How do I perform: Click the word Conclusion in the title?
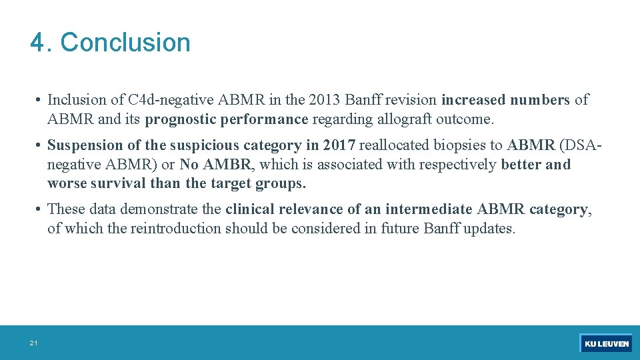(x=125, y=43)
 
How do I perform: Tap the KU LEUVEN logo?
(x=606, y=343)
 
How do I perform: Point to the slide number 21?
(x=33, y=343)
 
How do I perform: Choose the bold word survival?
(x=123, y=183)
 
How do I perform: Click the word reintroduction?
(x=176, y=229)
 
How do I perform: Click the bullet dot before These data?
(x=41, y=209)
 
